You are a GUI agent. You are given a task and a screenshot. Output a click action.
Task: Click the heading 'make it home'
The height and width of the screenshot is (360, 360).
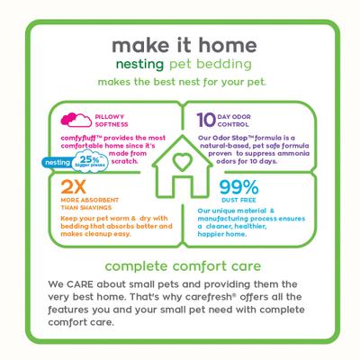180,46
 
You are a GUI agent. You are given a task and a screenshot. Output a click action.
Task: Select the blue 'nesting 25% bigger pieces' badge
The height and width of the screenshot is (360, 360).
72,139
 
